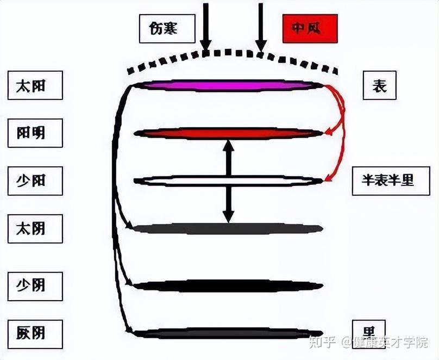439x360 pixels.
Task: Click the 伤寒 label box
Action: (166, 28)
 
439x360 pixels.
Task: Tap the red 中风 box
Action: (310, 28)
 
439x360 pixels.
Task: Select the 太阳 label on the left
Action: (35, 85)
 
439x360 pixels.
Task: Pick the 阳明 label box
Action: (35, 133)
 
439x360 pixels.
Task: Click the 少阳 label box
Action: (35, 181)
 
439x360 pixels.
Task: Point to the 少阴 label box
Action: (35, 284)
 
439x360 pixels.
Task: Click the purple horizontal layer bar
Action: (228, 85)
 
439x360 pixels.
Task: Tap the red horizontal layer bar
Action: (228, 133)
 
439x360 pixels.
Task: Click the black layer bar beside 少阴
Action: (228, 285)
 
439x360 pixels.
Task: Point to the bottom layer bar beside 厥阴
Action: (228, 333)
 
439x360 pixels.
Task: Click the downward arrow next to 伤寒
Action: (205, 27)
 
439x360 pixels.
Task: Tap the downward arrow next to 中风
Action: (261, 27)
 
